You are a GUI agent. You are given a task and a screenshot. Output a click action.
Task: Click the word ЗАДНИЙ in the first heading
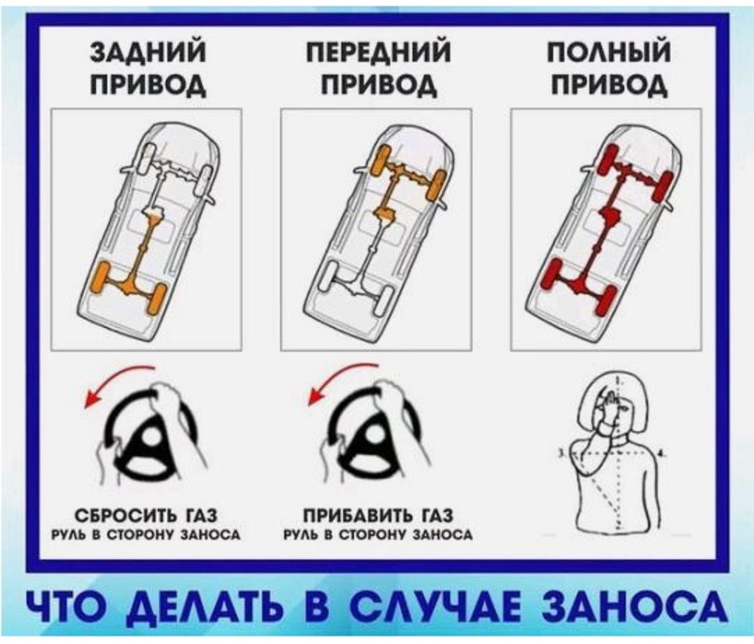coord(149,52)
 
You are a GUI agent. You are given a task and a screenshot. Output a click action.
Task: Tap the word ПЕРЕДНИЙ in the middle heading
coord(380,52)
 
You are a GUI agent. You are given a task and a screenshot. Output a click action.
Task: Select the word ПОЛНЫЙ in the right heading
coord(609,52)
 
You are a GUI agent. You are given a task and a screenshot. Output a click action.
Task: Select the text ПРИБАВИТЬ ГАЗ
coord(378,516)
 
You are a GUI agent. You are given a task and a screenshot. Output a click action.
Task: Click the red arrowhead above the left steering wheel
coord(92,397)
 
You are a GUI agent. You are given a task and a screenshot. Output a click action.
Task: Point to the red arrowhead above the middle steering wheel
coord(316,397)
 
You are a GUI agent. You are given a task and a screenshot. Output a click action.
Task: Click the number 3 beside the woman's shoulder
coord(561,453)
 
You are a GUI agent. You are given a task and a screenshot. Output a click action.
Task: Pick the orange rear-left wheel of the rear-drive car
coord(100,279)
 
